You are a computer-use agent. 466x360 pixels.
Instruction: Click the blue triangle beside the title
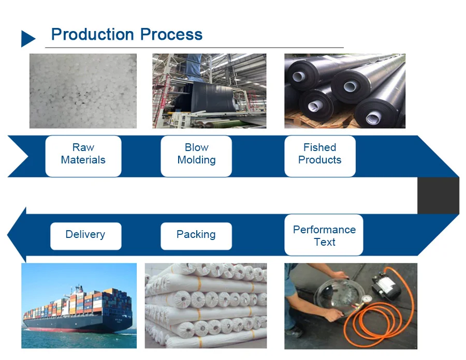[x=27, y=39]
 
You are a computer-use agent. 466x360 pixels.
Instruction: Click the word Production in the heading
[x=93, y=35]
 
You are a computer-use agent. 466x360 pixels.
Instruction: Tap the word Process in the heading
[x=171, y=35]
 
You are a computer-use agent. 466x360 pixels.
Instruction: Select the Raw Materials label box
[x=83, y=156]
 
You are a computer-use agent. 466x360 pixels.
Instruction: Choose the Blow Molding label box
[x=196, y=156]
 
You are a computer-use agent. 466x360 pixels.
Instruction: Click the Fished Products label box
[x=320, y=156]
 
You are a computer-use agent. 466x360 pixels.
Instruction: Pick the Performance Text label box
[x=324, y=235]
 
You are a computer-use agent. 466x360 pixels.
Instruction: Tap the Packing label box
[x=196, y=236]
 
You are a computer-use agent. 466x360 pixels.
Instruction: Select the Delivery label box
[x=86, y=236]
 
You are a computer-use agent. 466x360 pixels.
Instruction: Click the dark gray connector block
[x=438, y=196]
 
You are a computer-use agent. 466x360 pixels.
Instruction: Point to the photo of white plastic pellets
[x=83, y=91]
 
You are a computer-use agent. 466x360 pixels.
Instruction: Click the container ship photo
[x=79, y=306]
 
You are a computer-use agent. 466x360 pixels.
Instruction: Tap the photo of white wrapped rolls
[x=206, y=306]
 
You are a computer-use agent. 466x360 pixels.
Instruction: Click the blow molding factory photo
[x=209, y=91]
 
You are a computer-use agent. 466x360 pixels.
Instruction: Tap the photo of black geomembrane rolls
[x=345, y=91]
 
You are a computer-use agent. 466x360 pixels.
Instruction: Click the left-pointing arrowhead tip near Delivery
[x=7, y=235]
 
